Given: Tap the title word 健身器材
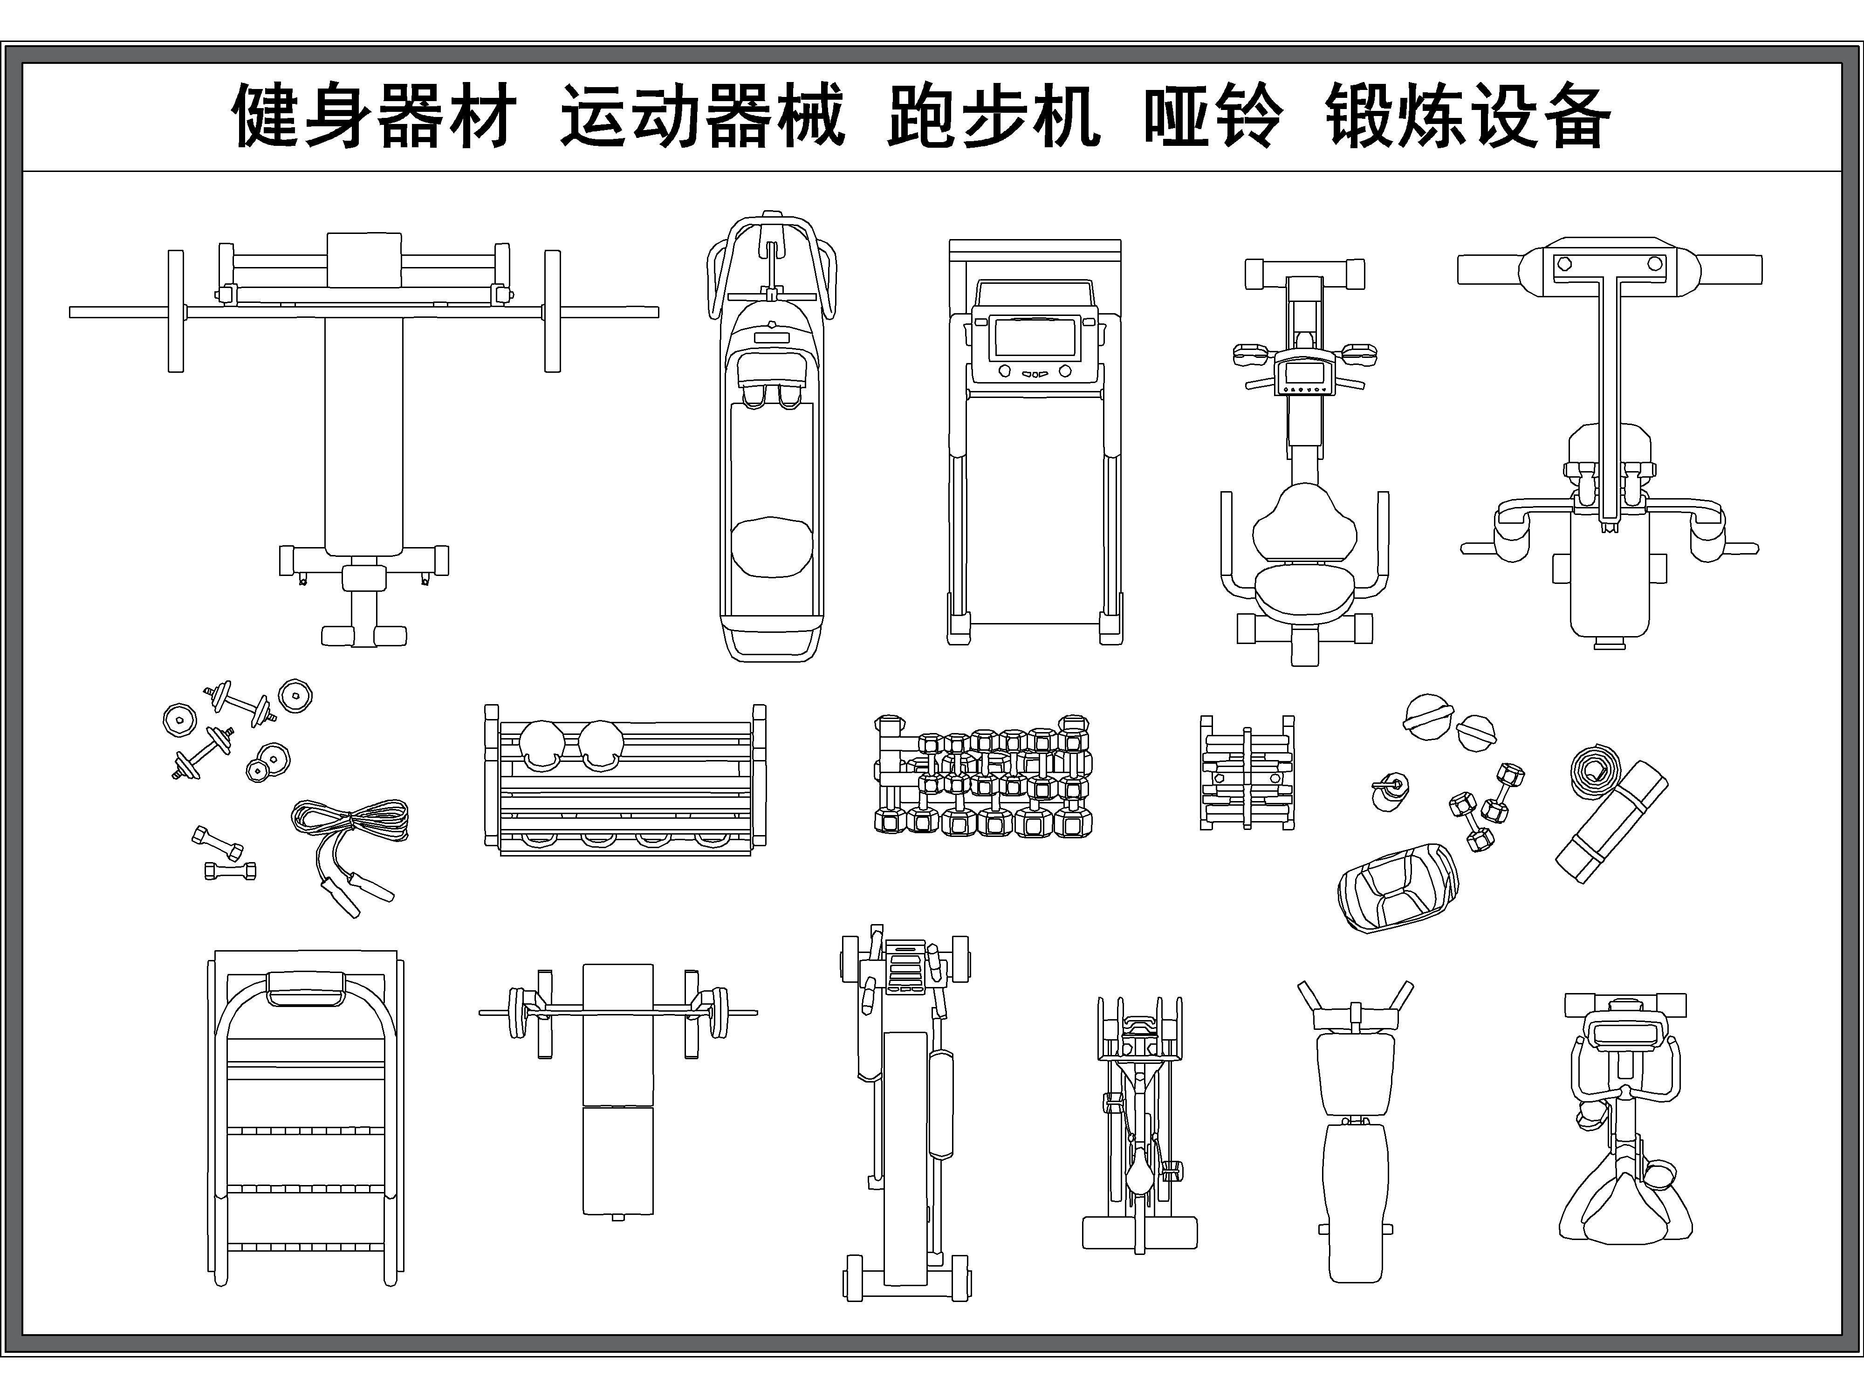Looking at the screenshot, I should (373, 117).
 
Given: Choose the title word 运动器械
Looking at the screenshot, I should (701, 117).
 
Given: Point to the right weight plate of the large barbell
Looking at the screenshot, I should (552, 311).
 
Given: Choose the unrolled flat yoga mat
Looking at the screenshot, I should (1611, 822).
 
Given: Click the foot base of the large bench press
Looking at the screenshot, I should (364, 635).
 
